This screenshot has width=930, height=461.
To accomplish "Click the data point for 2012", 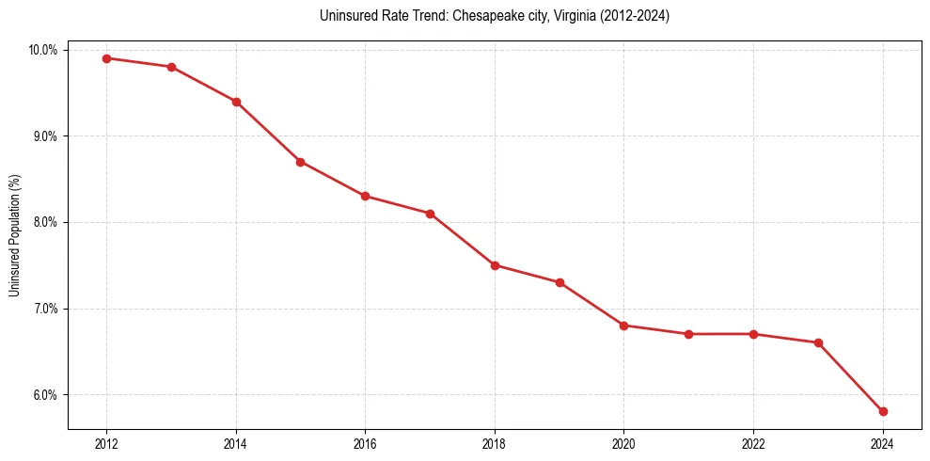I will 106,58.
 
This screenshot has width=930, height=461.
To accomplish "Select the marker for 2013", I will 171,67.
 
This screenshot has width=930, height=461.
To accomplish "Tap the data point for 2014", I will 236,102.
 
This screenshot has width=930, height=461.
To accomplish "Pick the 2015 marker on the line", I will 300,162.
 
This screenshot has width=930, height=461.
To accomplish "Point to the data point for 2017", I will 430,214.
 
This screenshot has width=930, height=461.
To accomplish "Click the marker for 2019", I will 560,282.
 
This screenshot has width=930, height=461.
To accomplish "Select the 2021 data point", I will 688,334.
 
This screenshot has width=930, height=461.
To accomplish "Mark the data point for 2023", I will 818,342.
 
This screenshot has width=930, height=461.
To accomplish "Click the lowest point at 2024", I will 883,411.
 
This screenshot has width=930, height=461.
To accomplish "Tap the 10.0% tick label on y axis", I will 43,50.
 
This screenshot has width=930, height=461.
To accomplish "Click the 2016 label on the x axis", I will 365,444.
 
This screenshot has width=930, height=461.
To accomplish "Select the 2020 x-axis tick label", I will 623,444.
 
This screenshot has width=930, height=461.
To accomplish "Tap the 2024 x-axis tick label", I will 883,444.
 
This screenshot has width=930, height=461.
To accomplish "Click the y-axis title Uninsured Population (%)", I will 15,235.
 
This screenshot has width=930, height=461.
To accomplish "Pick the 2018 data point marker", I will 495,265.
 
